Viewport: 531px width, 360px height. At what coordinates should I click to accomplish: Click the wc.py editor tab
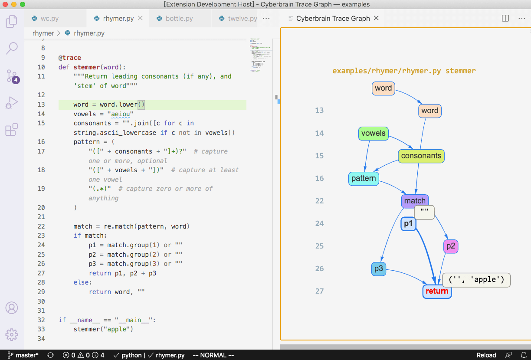[49, 19]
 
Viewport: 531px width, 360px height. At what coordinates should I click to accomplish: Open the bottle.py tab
[179, 19]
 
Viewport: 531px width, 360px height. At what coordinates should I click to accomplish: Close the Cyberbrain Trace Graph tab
[377, 18]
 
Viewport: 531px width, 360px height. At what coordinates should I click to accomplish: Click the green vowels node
[373, 133]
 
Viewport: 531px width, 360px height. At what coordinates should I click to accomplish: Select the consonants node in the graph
[421, 156]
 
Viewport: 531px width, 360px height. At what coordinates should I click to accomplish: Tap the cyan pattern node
[364, 178]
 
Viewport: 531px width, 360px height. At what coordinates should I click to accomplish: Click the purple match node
[414, 201]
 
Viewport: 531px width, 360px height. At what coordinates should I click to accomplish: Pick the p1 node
[408, 224]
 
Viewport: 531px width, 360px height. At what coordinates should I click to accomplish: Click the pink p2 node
[451, 246]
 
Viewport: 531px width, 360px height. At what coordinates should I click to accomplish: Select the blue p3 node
[378, 269]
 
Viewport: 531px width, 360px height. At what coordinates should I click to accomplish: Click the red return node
[437, 291]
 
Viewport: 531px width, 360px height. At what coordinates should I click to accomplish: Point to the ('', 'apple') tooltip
[476, 280]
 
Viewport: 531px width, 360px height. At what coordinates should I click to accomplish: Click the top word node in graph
[383, 88]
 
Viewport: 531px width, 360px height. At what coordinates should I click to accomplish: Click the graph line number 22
[319, 201]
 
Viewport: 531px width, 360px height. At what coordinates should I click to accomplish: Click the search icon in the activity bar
[12, 48]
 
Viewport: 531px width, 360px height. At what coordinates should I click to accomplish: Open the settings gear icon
[12, 334]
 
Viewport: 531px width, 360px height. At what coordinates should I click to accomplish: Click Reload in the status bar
[486, 355]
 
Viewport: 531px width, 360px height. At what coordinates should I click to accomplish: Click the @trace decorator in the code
[69, 58]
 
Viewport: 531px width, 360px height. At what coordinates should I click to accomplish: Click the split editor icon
[505, 18]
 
